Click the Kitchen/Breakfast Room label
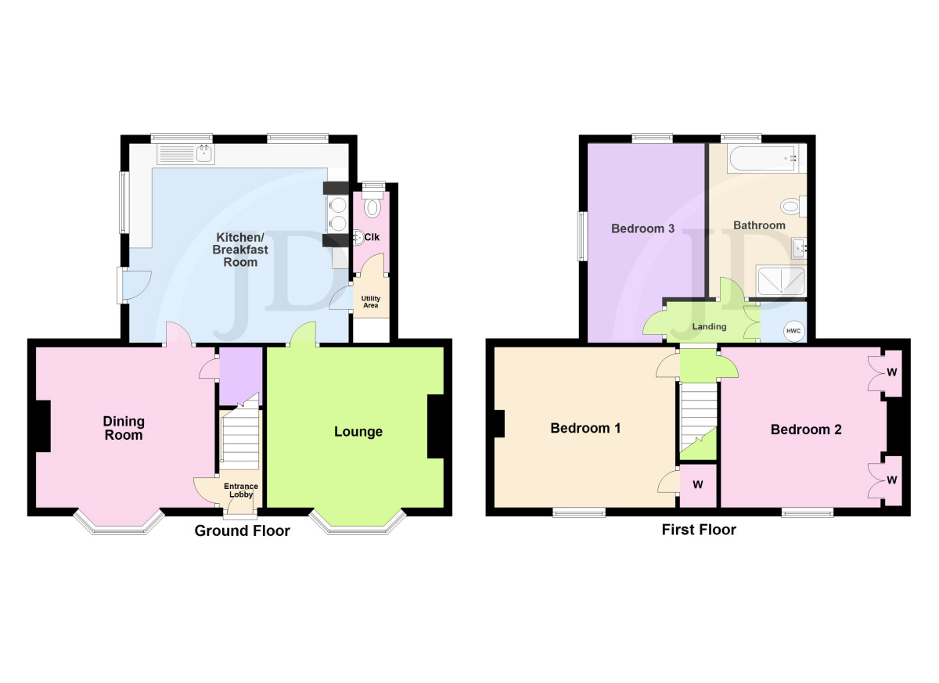pyautogui.click(x=240, y=250)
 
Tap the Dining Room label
pyautogui.click(x=124, y=428)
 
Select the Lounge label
pyautogui.click(x=358, y=432)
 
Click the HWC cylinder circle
pyautogui.click(x=793, y=331)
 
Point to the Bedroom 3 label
pyautogui.click(x=642, y=228)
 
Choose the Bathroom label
pyautogui.click(x=759, y=225)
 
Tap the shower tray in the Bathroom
pyautogui.click(x=780, y=280)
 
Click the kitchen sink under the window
pyautogui.click(x=186, y=154)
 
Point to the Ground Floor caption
pyautogui.click(x=243, y=531)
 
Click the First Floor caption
pyautogui.click(x=699, y=530)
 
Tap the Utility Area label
pyautogui.click(x=371, y=302)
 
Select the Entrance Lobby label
pyautogui.click(x=241, y=491)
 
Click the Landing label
pyautogui.click(x=709, y=326)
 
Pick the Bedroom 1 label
pyautogui.click(x=585, y=428)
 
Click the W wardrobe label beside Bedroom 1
pyautogui.click(x=697, y=485)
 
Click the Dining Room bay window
pyautogui.click(x=119, y=523)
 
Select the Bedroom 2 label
pyautogui.click(x=806, y=430)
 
